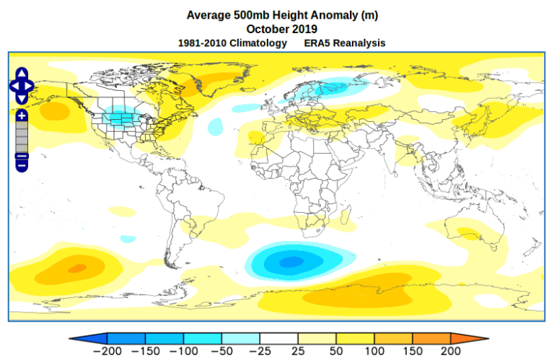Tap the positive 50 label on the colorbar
click(x=336, y=351)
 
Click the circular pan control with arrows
click(x=21, y=86)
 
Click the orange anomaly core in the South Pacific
click(x=75, y=268)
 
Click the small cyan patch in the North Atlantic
click(x=215, y=127)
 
